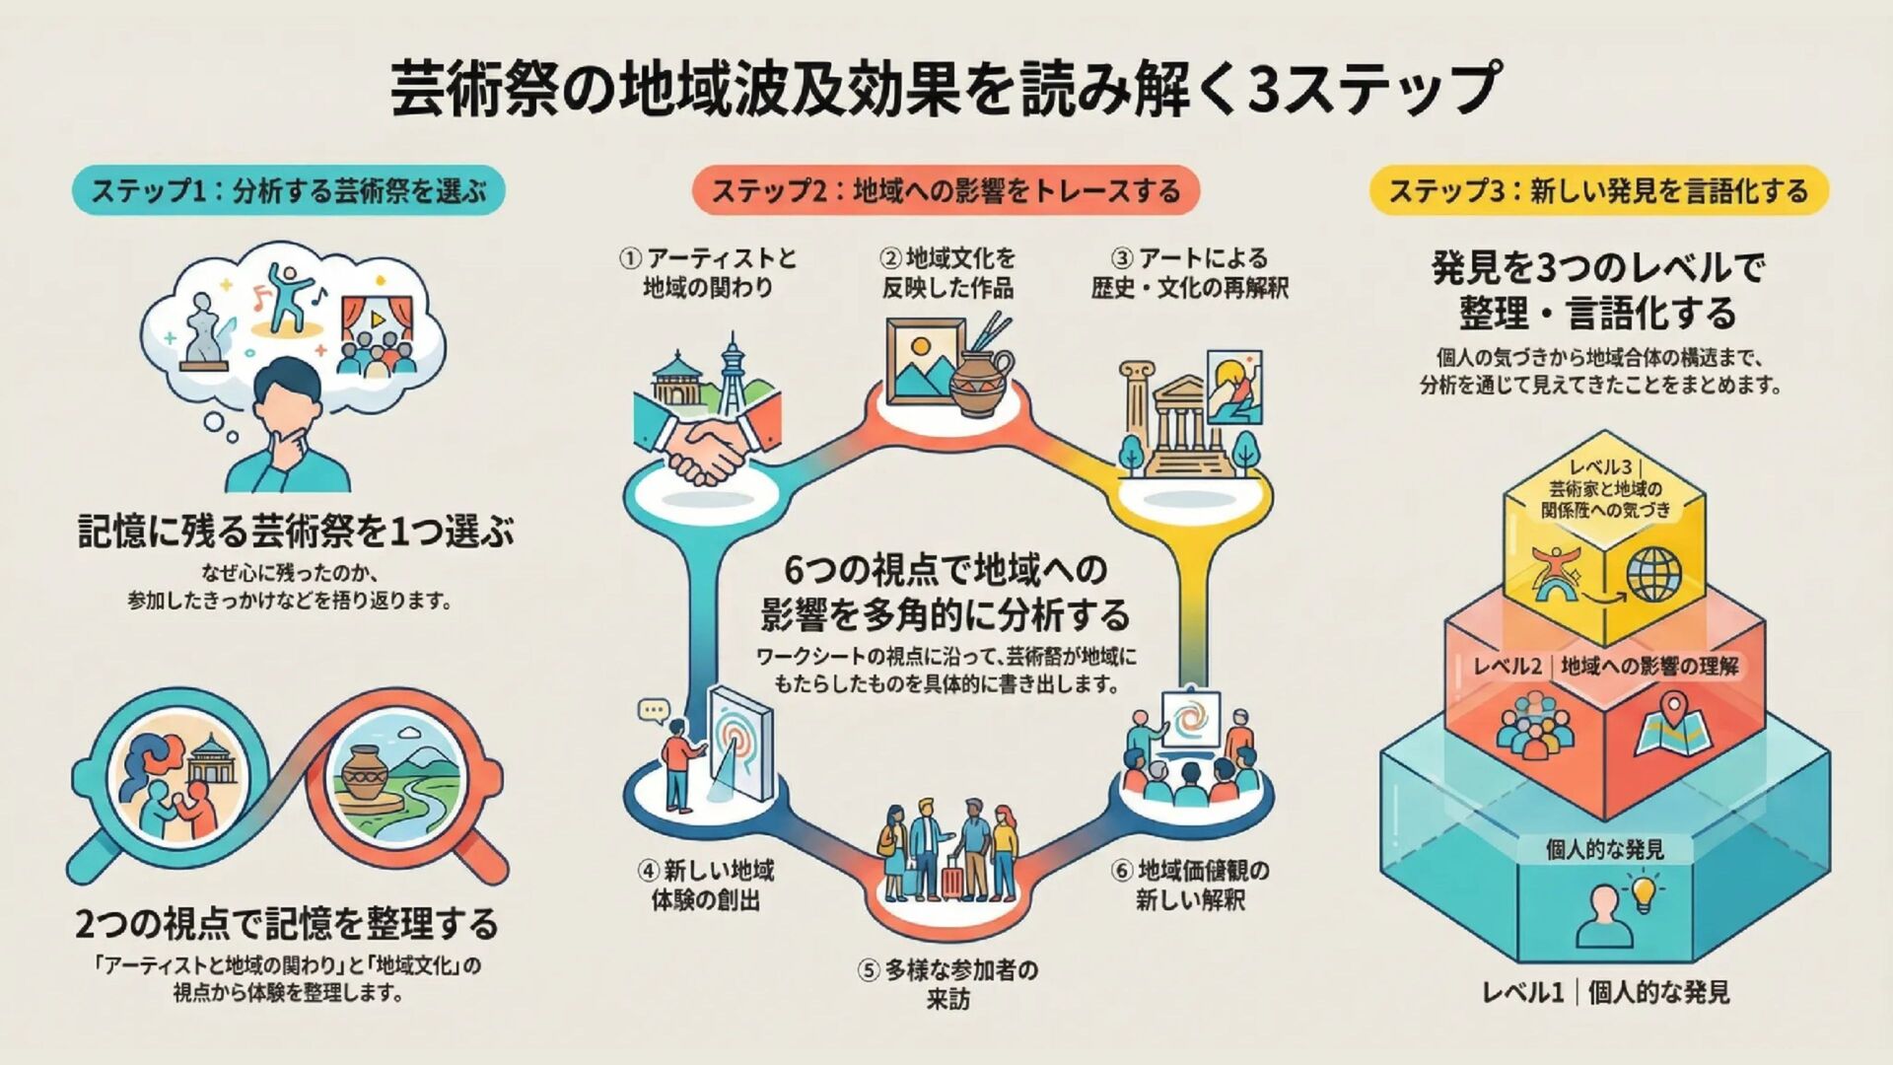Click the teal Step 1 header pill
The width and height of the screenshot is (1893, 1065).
[288, 190]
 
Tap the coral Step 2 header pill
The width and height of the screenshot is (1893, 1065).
[946, 190]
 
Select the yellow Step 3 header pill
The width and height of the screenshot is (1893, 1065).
[1598, 190]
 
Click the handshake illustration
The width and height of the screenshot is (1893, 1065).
[704, 449]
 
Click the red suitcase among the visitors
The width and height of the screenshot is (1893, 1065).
[951, 877]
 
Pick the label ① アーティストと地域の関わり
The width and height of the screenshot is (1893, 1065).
[708, 273]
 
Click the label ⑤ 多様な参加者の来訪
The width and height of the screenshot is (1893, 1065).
[947, 984]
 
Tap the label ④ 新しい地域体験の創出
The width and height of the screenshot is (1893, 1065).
[706, 885]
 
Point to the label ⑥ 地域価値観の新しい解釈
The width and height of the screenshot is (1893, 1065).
[1190, 885]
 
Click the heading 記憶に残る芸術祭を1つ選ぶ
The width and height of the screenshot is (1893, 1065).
[296, 532]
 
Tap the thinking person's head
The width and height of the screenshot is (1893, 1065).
[287, 393]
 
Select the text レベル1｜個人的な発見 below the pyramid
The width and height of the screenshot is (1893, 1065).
[1605, 992]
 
